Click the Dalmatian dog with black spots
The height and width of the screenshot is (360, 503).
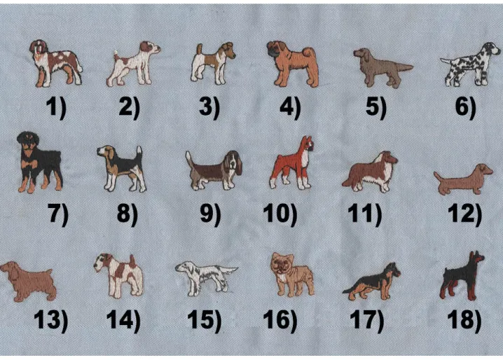(470, 65)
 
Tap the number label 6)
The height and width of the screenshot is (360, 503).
(465, 107)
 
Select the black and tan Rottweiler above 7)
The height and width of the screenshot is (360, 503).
(39, 162)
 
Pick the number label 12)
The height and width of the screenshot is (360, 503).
(465, 214)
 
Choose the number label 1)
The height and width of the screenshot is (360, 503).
(56, 107)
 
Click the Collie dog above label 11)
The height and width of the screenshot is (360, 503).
(370, 172)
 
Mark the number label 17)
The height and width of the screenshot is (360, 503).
(367, 319)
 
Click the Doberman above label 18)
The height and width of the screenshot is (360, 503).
(462, 276)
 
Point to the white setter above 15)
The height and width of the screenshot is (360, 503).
(206, 277)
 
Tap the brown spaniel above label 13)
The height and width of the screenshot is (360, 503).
(28, 281)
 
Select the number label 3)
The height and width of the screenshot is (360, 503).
(209, 107)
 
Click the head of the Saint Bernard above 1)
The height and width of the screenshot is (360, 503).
(39, 48)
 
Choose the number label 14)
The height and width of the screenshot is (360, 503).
(123, 319)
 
